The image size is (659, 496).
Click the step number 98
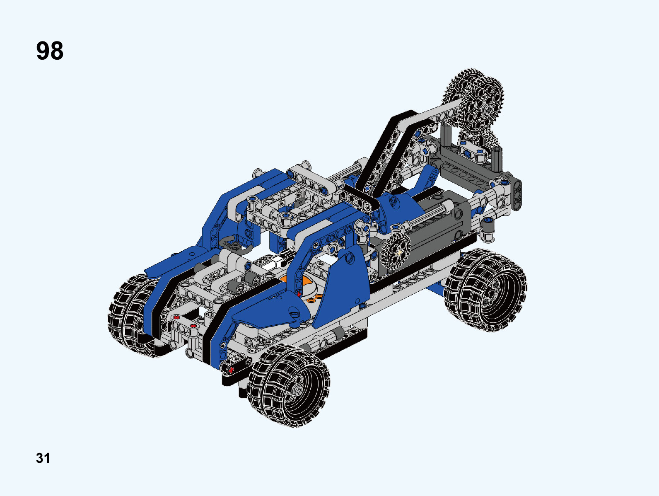coord(50,51)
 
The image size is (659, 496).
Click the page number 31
coord(43,458)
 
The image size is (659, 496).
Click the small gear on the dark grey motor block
coord(396,252)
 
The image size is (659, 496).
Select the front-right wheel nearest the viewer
coord(288,385)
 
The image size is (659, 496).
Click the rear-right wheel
coord(485,290)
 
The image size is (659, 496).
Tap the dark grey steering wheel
coord(236,244)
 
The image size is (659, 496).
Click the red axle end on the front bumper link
coord(231,370)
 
